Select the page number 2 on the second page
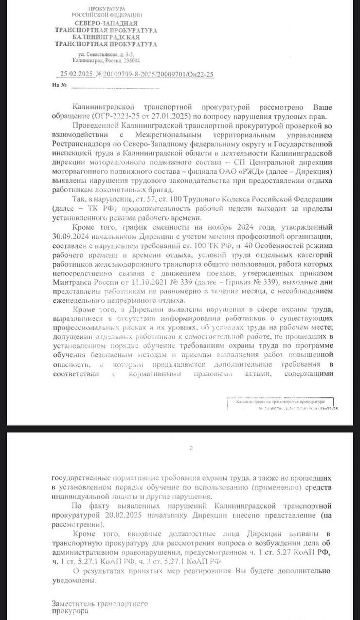(x=191, y=448)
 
